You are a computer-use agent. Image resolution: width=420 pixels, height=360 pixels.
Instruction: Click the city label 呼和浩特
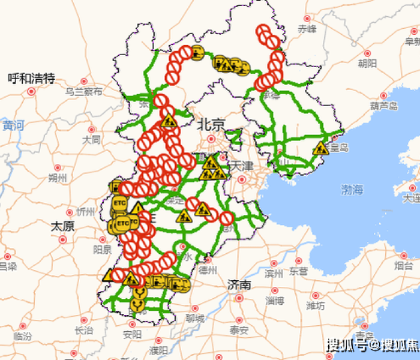(31, 78)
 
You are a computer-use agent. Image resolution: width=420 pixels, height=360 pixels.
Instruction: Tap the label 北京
(211, 125)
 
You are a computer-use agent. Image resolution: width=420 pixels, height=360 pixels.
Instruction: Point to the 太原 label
(62, 226)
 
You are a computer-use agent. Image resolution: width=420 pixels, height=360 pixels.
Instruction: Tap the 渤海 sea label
(352, 190)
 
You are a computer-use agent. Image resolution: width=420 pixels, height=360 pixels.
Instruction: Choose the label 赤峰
(307, 29)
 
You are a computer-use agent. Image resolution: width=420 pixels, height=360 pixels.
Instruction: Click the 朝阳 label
(367, 62)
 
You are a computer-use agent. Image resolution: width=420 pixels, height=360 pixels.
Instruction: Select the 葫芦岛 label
(384, 106)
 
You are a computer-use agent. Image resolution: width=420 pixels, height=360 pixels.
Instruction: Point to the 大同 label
(91, 140)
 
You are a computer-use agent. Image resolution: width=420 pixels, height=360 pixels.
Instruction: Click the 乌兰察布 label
(83, 92)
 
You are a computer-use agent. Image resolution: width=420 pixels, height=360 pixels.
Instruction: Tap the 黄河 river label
(13, 125)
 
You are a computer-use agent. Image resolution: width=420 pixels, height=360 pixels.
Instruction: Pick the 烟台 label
(403, 265)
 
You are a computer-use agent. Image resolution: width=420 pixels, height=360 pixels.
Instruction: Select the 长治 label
(83, 330)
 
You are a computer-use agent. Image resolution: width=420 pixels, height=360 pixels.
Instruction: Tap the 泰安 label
(239, 330)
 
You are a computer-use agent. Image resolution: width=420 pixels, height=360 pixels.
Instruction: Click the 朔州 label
(58, 178)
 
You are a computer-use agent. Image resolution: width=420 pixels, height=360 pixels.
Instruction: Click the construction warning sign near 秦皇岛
(320, 148)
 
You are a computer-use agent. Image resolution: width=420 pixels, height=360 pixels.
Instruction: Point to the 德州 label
(208, 270)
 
